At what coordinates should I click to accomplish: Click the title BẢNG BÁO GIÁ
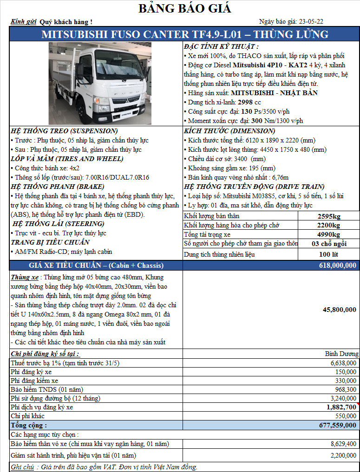click(x=185, y=8)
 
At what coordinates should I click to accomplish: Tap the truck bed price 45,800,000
click(x=340, y=310)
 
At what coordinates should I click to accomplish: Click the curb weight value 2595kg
click(x=329, y=216)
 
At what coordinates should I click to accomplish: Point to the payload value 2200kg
click(x=329, y=226)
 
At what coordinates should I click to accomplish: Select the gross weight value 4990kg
click(x=329, y=234)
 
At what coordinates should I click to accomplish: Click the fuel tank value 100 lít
click(x=329, y=254)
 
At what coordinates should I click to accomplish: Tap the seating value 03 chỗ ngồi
click(x=329, y=244)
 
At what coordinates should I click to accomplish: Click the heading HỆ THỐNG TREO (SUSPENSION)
click(x=64, y=131)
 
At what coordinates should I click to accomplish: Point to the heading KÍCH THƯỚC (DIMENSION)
click(x=229, y=131)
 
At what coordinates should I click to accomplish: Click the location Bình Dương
click(x=341, y=354)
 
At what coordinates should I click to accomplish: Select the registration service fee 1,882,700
click(x=341, y=407)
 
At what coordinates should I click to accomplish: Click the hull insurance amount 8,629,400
click(x=343, y=444)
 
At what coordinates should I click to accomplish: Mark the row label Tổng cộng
click(x=29, y=425)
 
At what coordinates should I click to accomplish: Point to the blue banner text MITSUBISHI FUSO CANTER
click(x=116, y=34)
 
